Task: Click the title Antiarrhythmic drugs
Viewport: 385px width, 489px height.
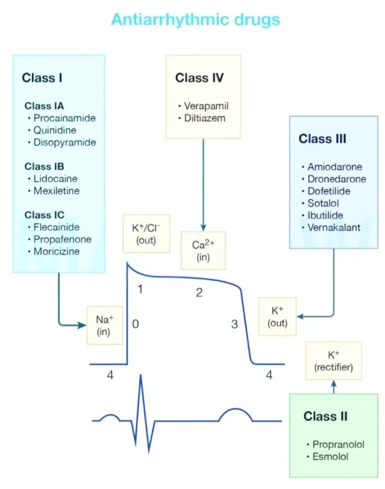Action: tap(195, 20)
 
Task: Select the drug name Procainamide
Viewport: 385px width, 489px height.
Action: tap(64, 118)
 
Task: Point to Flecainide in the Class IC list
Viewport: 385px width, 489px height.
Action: tap(56, 227)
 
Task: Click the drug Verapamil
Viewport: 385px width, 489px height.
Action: tap(206, 106)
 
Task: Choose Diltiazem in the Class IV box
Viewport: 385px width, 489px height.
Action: tap(204, 119)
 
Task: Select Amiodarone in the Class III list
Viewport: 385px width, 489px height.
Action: tap(334, 167)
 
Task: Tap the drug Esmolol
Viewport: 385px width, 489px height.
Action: tap(330, 456)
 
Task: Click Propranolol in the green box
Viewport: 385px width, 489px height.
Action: tap(338, 444)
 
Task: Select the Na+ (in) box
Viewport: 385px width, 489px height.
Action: tap(104, 325)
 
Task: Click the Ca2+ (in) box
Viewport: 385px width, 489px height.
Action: tap(203, 251)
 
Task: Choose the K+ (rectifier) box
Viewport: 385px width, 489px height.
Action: tap(334, 361)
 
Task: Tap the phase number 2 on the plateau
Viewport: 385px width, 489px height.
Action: tap(199, 293)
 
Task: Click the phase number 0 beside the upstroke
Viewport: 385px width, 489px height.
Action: tap(135, 324)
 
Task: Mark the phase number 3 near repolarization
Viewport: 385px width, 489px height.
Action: tap(234, 324)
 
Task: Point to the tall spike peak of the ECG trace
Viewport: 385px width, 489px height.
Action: tap(141, 376)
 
